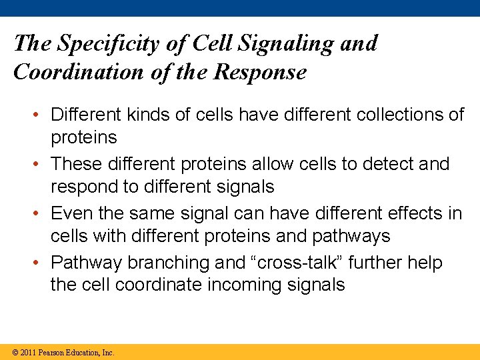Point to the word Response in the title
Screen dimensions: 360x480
(260, 72)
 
